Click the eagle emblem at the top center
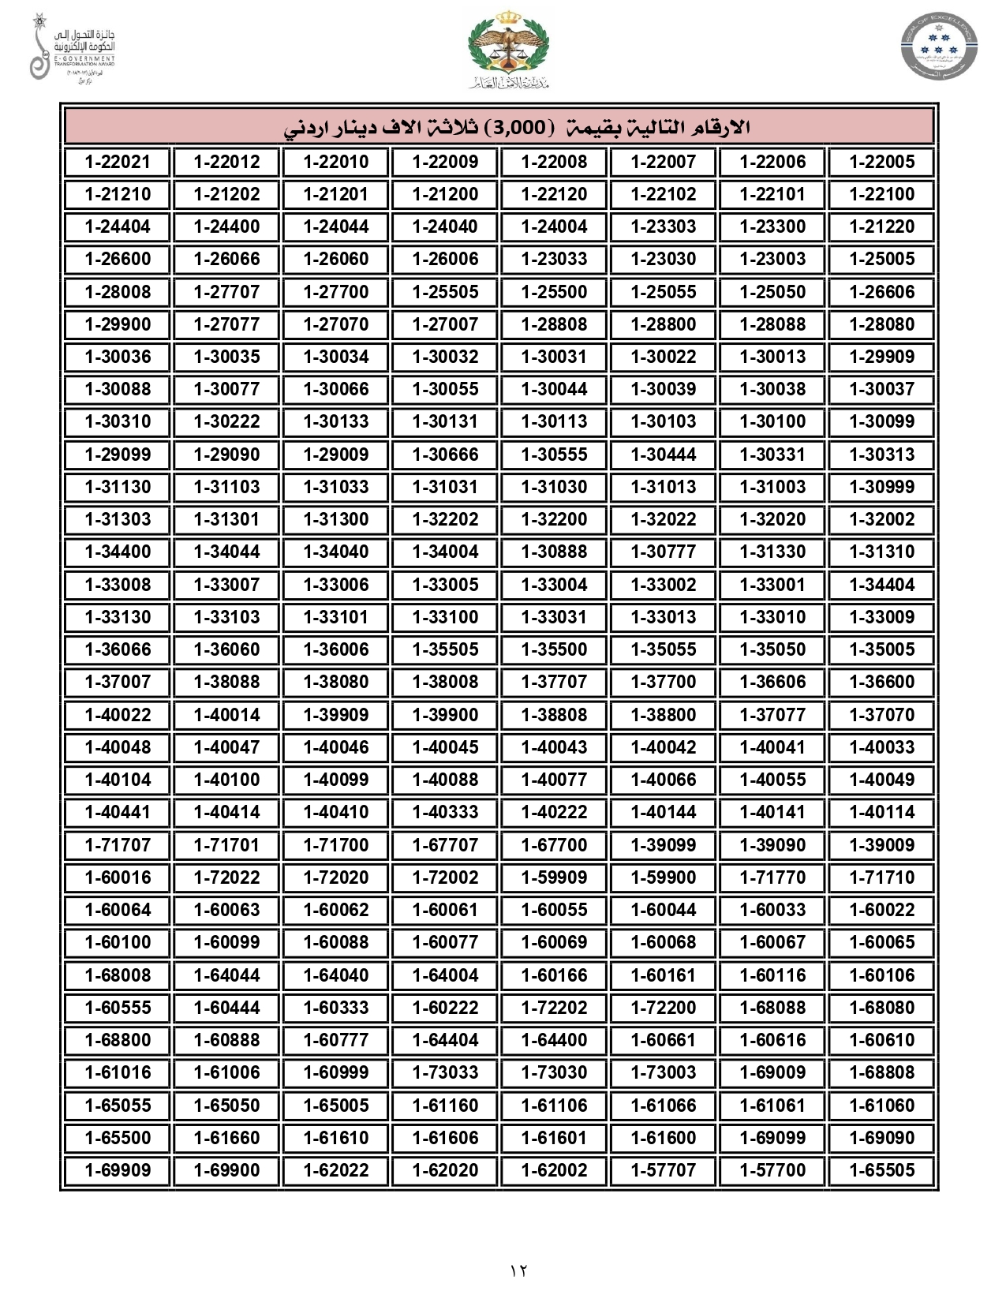coord(507,47)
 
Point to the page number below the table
coord(518,1270)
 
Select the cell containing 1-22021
coord(118,162)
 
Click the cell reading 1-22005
coord(881,162)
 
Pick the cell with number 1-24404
coord(118,226)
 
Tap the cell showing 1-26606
coord(881,292)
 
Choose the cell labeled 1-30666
coord(445,455)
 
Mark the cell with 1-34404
coord(881,585)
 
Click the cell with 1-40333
coord(445,812)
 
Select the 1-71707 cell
coord(118,845)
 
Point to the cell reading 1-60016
coord(118,877)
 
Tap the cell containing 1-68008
coord(118,975)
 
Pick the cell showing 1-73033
coord(445,1072)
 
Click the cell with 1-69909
coord(118,1170)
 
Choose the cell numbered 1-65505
coord(881,1170)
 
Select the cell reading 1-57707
coord(663,1170)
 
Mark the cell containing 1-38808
coord(554,715)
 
